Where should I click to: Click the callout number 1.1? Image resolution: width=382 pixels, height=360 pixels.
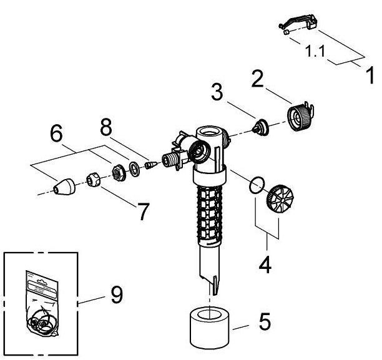click(315, 51)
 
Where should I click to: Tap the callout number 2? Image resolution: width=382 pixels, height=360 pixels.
click(258, 79)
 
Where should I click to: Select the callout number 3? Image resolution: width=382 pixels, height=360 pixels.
click(217, 92)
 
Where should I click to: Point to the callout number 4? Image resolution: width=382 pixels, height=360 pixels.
click(265, 265)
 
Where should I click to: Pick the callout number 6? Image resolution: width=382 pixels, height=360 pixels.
click(56, 133)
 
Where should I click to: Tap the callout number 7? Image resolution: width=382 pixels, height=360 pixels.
click(143, 212)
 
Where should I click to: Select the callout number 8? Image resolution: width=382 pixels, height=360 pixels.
click(106, 127)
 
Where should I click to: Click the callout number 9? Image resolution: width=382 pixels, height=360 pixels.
click(117, 294)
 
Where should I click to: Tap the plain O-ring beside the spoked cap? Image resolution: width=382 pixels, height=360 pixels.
click(257, 185)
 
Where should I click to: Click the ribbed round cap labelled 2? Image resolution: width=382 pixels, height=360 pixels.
click(301, 117)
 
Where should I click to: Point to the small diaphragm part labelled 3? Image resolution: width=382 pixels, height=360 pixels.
click(260, 127)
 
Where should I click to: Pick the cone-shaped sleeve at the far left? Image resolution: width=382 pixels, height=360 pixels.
click(64, 187)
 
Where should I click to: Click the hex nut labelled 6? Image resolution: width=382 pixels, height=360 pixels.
click(119, 173)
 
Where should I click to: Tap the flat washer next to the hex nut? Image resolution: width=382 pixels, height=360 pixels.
click(134, 168)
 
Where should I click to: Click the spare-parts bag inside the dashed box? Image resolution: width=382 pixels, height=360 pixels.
click(42, 303)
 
